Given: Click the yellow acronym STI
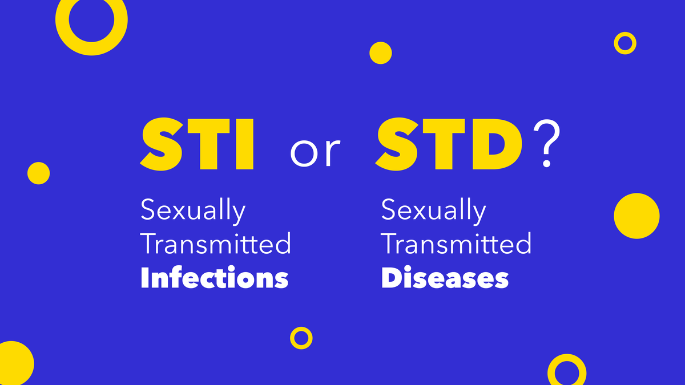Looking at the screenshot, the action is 197,144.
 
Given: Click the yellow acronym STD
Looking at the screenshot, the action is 449,144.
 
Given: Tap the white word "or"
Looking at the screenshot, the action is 315,152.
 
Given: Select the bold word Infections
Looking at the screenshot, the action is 215,277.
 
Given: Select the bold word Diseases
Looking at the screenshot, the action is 445,277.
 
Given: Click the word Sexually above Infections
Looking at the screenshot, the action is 193,212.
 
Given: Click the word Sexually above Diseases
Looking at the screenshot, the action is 433,212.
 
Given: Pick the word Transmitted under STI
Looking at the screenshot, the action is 216,243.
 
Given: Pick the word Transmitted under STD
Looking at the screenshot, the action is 456,243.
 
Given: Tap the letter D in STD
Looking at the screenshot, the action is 498,144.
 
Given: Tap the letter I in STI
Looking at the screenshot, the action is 245,144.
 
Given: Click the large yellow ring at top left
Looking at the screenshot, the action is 62,19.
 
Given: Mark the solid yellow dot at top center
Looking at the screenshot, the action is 381,53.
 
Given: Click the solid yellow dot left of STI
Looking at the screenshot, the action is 39,173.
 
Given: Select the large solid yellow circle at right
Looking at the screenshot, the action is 636,216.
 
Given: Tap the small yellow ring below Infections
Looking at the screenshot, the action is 292,338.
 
